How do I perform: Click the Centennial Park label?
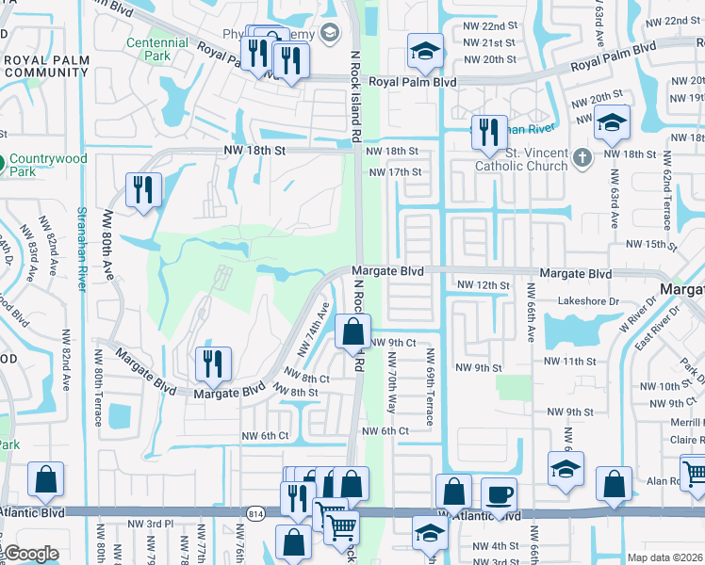point(157,50)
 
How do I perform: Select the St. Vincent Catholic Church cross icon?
point(582,156)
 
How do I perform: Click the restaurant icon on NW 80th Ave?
point(143,190)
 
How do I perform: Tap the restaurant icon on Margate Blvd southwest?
point(213,364)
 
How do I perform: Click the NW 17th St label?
point(395,172)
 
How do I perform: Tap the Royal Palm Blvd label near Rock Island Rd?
point(412,83)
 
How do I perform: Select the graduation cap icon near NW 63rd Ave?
point(612,123)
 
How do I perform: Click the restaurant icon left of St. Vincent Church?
point(487,133)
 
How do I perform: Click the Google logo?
point(30,554)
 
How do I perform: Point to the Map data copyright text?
point(664,557)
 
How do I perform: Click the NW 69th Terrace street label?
point(430,386)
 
